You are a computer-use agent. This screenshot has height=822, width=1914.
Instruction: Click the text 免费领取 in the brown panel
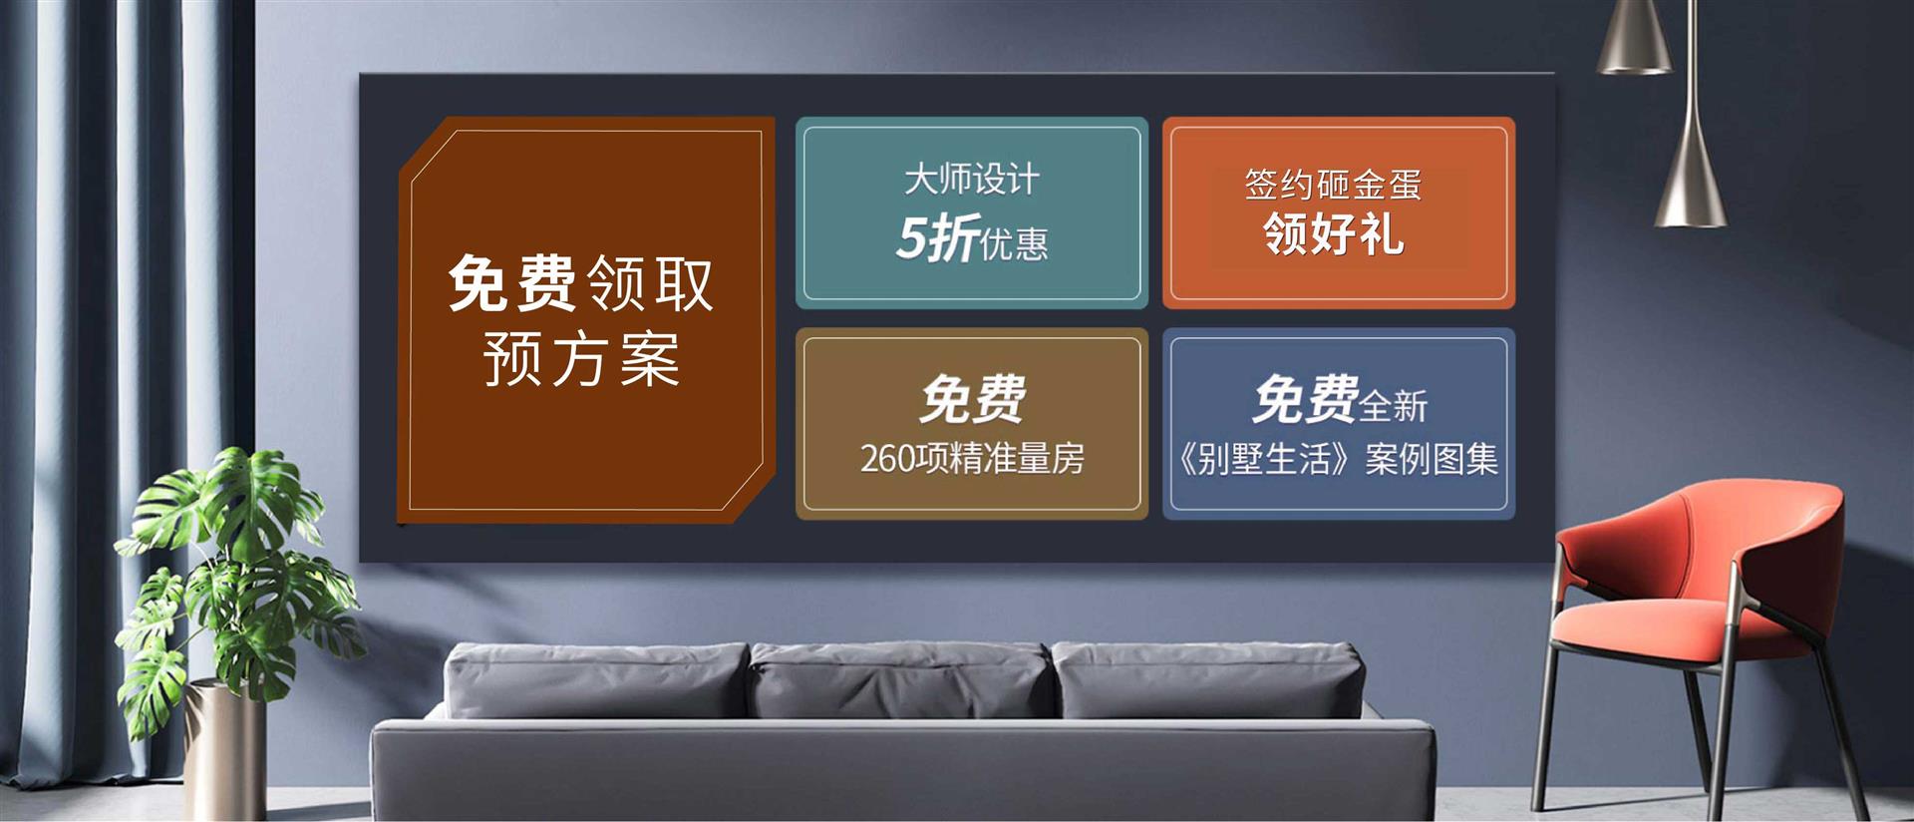point(581,283)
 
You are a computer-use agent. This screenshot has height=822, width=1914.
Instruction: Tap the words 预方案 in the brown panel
point(581,359)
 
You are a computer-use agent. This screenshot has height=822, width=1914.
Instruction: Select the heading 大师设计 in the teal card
point(972,180)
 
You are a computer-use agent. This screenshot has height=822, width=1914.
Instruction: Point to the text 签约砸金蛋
point(1333,185)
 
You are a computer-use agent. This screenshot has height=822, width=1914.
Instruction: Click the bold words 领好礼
point(1334,234)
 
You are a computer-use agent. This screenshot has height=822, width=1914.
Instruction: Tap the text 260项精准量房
point(972,458)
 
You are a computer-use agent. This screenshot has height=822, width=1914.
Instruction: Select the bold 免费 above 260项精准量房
point(973,399)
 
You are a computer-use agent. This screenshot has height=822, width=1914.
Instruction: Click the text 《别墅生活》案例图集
point(1337,459)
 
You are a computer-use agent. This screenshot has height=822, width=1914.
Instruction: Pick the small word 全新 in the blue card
point(1394,406)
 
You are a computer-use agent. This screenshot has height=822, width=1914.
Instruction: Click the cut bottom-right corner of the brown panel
point(753,493)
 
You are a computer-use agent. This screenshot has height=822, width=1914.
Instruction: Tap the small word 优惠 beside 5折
point(1015,244)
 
